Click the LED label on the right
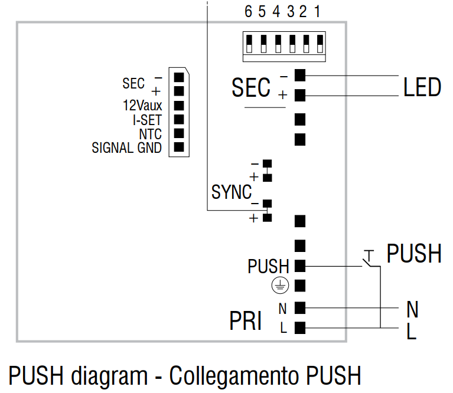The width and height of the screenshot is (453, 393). click(422, 87)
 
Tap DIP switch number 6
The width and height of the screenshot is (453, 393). click(249, 44)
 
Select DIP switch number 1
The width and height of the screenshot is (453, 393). click(320, 44)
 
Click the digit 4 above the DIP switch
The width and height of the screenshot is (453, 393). click(276, 12)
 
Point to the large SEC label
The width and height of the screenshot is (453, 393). click(251, 89)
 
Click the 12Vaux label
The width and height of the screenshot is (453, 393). click(142, 106)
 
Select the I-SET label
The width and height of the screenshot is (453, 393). click(147, 120)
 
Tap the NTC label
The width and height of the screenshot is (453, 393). click(150, 134)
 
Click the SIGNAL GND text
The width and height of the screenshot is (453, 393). click(126, 148)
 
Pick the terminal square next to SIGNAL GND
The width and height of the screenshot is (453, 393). click(179, 148)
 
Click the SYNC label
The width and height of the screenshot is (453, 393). click(231, 192)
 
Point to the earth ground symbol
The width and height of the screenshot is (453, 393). click(279, 286)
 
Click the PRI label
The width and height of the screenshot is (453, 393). click(245, 322)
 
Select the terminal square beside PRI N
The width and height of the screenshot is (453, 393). click(300, 307)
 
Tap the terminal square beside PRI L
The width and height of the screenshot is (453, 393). click(300, 328)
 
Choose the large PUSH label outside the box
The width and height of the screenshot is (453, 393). click(414, 254)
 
